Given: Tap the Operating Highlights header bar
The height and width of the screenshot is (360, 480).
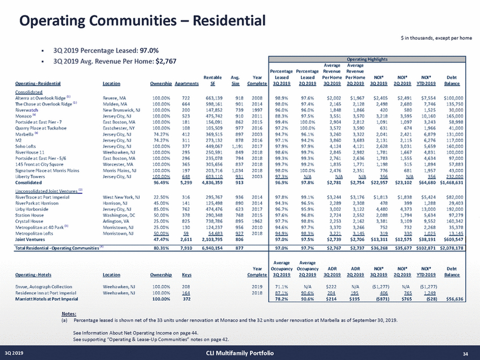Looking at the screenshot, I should [x=367, y=58].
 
